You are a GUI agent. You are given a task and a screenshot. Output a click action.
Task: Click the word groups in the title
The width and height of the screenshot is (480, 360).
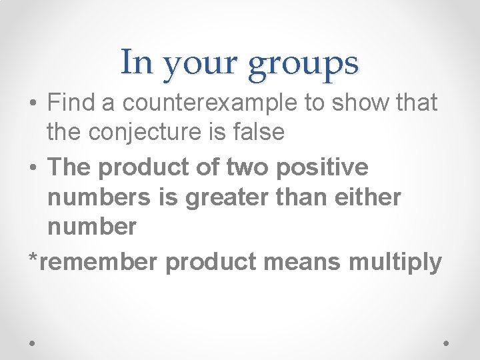point(305,65)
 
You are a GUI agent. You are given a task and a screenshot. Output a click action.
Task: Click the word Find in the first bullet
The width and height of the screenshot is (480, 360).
point(70,103)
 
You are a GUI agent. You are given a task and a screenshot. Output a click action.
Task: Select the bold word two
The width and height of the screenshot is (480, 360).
point(248,167)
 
